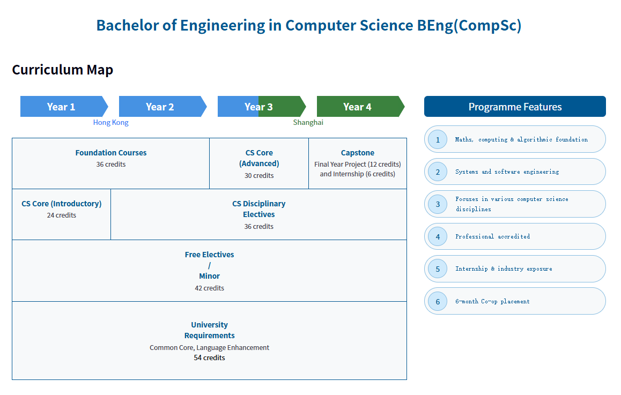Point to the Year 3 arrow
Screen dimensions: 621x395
pyautogui.click(x=262, y=107)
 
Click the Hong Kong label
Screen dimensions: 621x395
pyautogui.click(x=111, y=123)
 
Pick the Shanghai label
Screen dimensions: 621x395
pyautogui.click(x=308, y=123)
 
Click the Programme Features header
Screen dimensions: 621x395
pyautogui.click(x=515, y=107)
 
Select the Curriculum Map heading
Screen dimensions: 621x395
pyautogui.click(x=63, y=70)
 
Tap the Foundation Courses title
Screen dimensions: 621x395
pyautogui.click(x=111, y=153)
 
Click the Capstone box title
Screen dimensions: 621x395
pyautogui.click(x=358, y=153)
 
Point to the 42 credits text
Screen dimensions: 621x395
pyautogui.click(x=210, y=288)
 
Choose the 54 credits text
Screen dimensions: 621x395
pyautogui.click(x=210, y=358)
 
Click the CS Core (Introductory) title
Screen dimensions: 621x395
pyautogui.click(x=61, y=204)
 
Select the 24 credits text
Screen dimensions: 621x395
pyautogui.click(x=61, y=215)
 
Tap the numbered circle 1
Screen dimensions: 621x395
pyautogui.click(x=438, y=139)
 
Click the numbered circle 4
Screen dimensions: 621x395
pyautogui.click(x=438, y=236)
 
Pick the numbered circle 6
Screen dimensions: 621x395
pyautogui.click(x=438, y=301)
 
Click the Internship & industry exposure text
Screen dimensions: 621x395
pyautogui.click(x=504, y=269)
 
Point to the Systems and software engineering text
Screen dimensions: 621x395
pyautogui.click(x=507, y=172)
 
